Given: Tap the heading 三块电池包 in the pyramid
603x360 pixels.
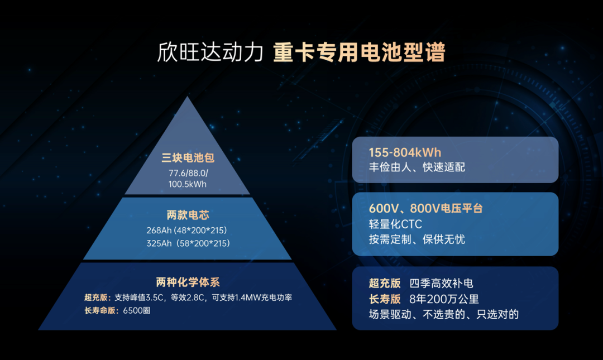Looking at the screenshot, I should [x=188, y=159].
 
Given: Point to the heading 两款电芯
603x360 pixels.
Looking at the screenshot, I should [x=188, y=215].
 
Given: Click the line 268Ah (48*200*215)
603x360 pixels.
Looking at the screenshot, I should [x=188, y=230].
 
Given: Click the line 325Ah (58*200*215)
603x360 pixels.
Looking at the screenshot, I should [x=188, y=243].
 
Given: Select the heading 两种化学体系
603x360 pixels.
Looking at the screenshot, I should [x=188, y=282].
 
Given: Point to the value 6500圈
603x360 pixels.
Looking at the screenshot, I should [x=137, y=310].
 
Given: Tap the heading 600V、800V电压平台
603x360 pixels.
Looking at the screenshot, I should [x=425, y=209].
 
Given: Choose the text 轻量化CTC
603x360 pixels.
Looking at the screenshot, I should [x=395, y=224].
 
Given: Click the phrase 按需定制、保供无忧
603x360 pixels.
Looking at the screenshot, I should [x=417, y=239].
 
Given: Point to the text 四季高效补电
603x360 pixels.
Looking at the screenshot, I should [x=441, y=284].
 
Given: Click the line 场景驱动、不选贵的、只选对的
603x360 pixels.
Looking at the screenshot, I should [x=444, y=314].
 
